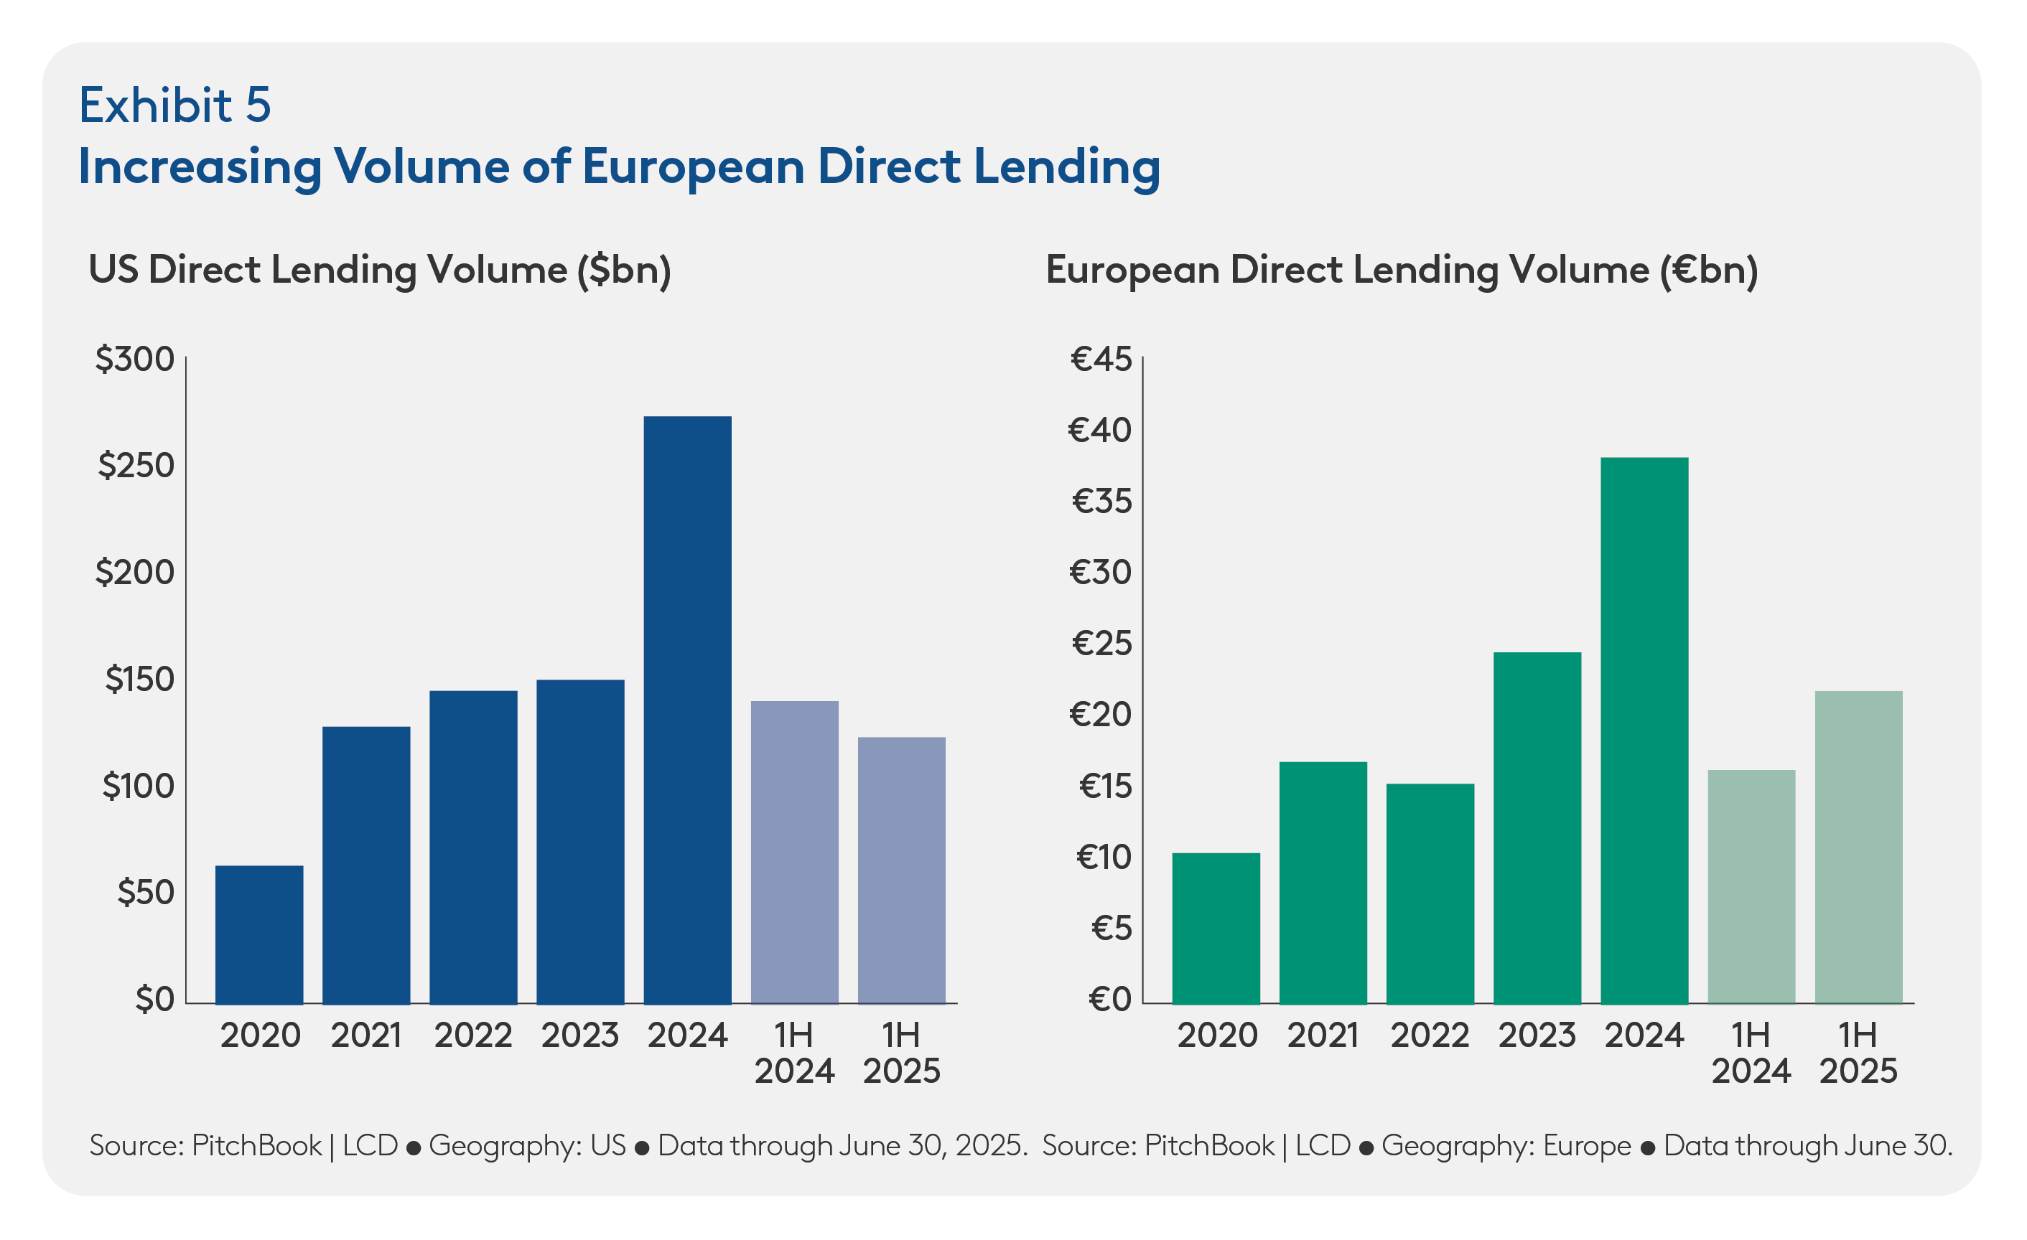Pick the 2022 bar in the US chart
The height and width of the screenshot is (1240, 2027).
(473, 847)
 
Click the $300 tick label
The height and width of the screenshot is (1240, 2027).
(135, 360)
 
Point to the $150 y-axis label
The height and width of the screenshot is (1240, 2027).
(140, 680)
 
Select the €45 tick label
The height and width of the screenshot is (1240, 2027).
(1101, 360)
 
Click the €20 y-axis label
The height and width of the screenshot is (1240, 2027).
(1101, 715)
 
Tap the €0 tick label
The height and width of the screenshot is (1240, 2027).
(1110, 999)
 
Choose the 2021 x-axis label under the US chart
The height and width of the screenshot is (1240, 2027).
(366, 1035)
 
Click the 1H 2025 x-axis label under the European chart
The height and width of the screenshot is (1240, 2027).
(1858, 1053)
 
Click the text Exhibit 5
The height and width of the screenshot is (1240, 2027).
(174, 105)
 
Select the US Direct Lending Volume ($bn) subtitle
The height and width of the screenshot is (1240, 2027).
(379, 271)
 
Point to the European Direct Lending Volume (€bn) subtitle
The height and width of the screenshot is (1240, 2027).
(1401, 271)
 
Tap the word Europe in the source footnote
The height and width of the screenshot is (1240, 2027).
(1586, 1145)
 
